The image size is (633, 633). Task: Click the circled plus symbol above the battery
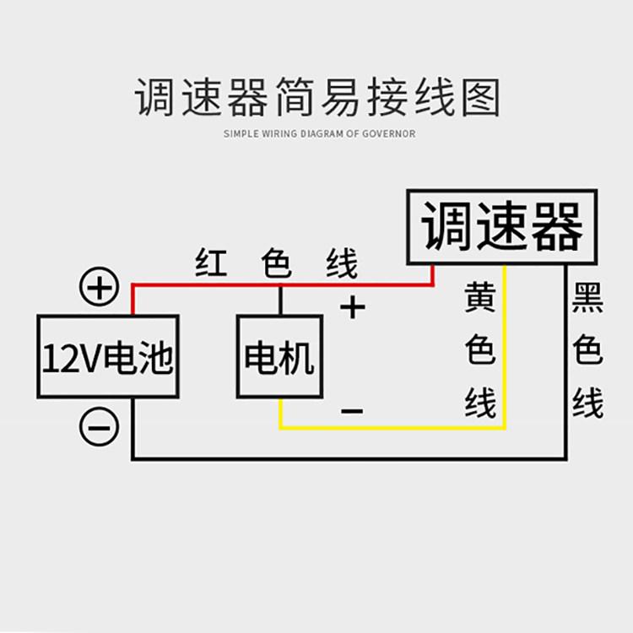(99, 286)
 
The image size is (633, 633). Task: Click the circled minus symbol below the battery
(99, 427)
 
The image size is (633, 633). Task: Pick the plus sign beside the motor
(353, 307)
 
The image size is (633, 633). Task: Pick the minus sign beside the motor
(352, 411)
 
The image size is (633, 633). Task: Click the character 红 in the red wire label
(211, 262)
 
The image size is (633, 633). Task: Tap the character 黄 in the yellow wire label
(479, 297)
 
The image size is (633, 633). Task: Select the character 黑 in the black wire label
(587, 298)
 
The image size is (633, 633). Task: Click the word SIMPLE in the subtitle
(241, 133)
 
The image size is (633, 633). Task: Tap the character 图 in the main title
(480, 98)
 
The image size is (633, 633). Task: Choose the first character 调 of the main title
(154, 98)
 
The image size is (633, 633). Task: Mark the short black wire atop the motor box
(280, 300)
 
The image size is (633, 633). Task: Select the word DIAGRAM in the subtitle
(322, 133)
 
